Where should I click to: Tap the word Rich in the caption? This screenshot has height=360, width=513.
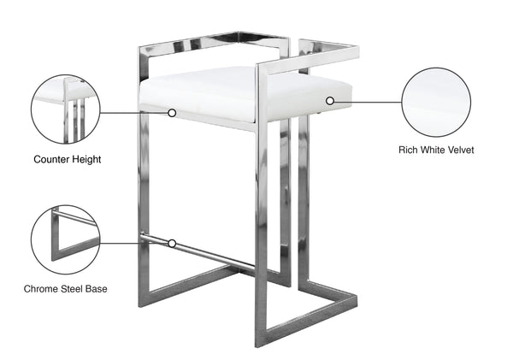click(409, 150)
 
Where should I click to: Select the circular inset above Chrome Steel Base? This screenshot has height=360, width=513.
click(64, 239)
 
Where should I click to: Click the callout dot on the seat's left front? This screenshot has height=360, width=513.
click(172, 112)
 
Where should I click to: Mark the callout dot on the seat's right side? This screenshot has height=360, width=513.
click(330, 101)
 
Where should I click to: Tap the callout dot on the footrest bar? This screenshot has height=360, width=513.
click(172, 243)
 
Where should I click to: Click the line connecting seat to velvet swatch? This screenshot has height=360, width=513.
click(368, 101)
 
